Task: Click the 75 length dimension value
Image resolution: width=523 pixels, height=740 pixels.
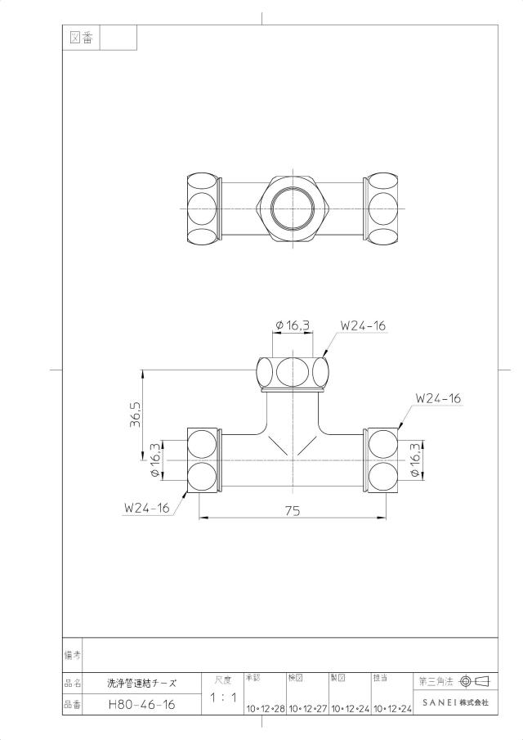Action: coord(293,510)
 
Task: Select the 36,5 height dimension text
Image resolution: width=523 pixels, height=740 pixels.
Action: coord(136,414)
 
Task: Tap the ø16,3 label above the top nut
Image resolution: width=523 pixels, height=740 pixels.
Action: coord(293,325)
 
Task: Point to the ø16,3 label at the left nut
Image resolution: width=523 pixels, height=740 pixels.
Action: coord(155,460)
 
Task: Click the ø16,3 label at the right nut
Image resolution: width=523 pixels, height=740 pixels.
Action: coord(415,460)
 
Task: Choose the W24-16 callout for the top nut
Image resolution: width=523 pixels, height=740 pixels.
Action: coord(363,325)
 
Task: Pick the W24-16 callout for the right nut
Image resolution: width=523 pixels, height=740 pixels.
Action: coord(438,398)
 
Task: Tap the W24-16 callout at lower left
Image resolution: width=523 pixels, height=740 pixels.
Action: coord(146,508)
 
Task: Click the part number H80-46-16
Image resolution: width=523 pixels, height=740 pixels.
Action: coord(141,705)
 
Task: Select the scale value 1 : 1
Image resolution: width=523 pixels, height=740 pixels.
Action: coord(224,697)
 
